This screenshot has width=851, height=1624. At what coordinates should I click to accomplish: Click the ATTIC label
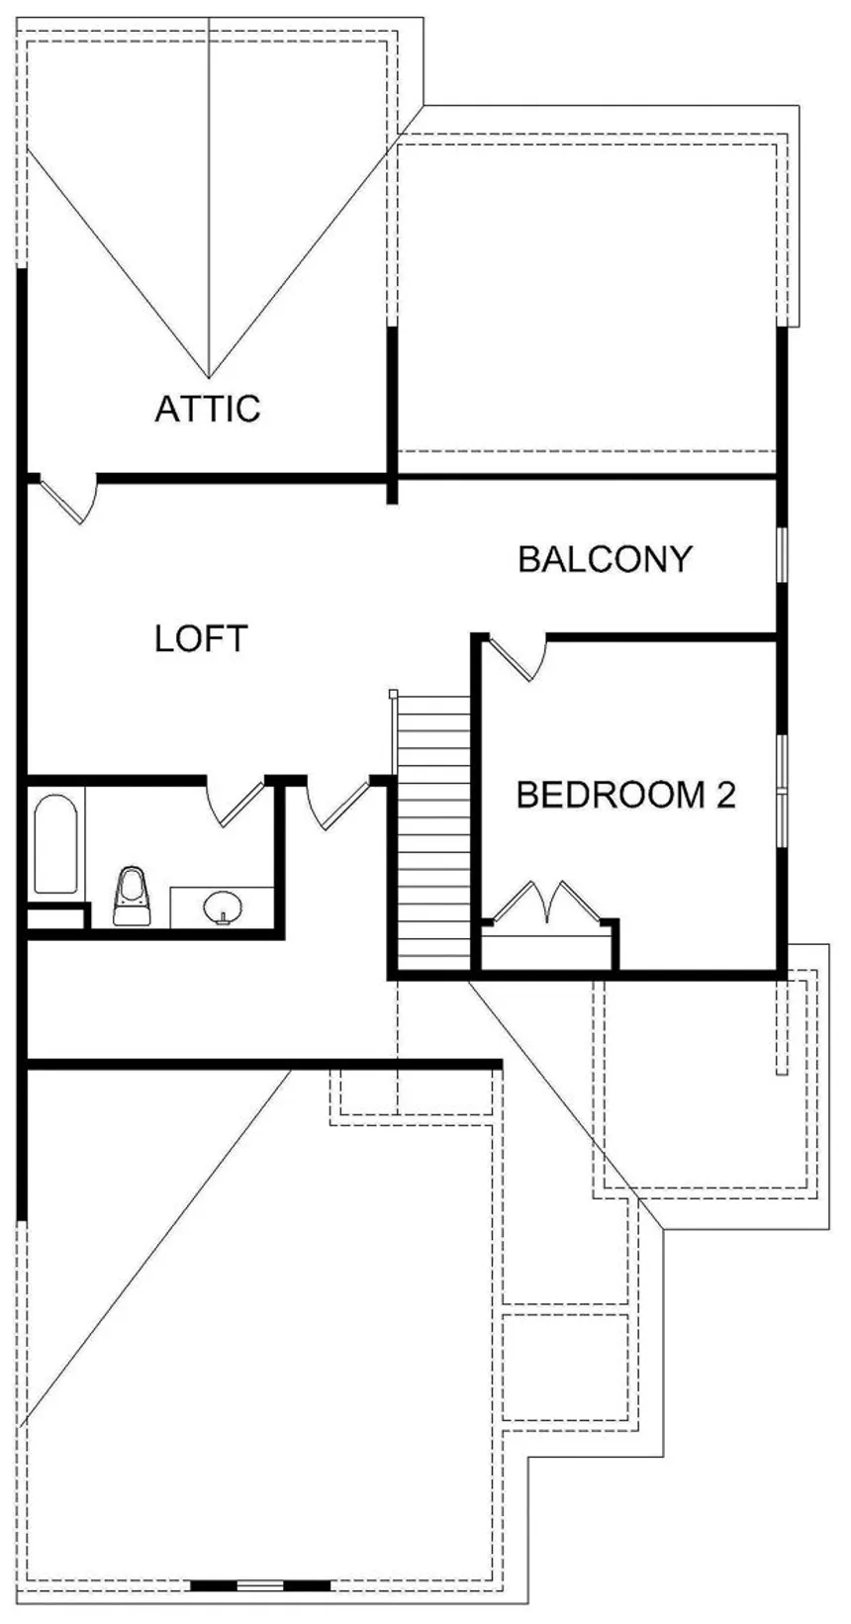(208, 408)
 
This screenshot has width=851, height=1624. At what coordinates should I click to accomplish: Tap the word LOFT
(201, 638)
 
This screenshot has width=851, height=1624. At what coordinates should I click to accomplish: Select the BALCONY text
(605, 559)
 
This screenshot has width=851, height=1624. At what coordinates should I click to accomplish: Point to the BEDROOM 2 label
(625, 795)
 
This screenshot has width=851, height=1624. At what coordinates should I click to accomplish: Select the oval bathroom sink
(222, 907)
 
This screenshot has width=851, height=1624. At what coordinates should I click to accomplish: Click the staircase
(432, 831)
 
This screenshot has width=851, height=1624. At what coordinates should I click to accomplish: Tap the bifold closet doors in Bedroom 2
(547, 902)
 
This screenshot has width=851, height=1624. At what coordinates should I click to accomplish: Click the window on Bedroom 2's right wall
(782, 790)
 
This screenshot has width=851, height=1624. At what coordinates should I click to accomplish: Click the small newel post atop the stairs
(393, 695)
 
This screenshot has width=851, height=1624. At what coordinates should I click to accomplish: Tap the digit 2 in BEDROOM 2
(725, 795)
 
